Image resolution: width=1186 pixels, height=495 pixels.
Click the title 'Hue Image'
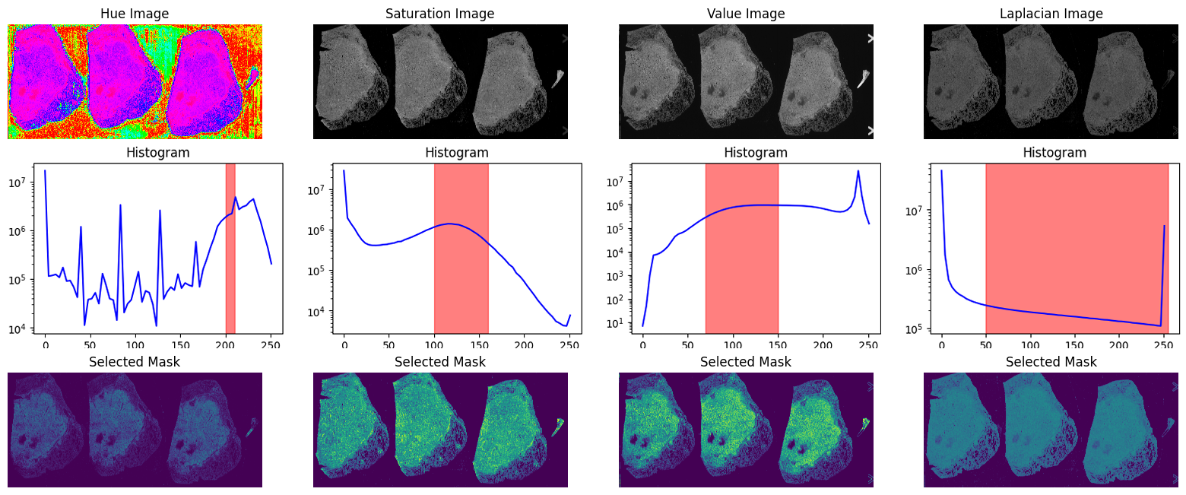click(x=135, y=14)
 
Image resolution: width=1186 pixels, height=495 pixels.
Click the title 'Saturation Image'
click(x=439, y=14)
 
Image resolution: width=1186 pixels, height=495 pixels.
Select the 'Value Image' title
click(x=745, y=14)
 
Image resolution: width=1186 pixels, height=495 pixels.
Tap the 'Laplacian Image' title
click(x=1051, y=14)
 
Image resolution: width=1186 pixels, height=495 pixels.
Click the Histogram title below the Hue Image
click(x=157, y=153)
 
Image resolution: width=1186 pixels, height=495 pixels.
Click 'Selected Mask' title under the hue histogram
click(x=135, y=362)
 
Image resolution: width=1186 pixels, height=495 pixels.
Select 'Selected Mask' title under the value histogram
click(x=745, y=362)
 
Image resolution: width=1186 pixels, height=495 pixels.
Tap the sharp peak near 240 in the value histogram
click(x=858, y=171)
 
